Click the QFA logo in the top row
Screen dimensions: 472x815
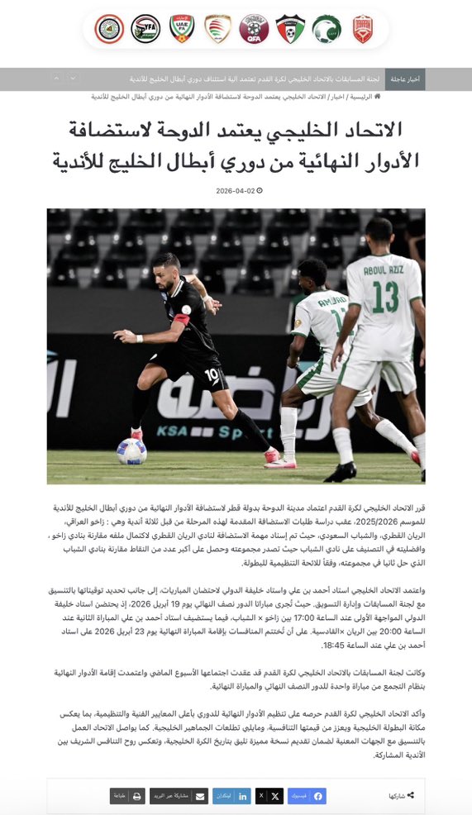pos(254,30)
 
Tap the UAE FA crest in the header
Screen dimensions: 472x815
pos(182,30)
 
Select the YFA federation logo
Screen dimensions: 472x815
pos(145,30)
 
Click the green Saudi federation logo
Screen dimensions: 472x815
pos(326,30)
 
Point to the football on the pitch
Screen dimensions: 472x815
pos(131,451)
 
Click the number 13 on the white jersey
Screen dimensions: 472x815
pos(384,298)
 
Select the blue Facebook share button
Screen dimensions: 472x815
pos(306,796)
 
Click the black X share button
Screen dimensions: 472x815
pos(270,796)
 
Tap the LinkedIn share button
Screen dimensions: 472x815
pos(232,796)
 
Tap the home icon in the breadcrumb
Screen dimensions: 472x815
pos(378,97)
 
